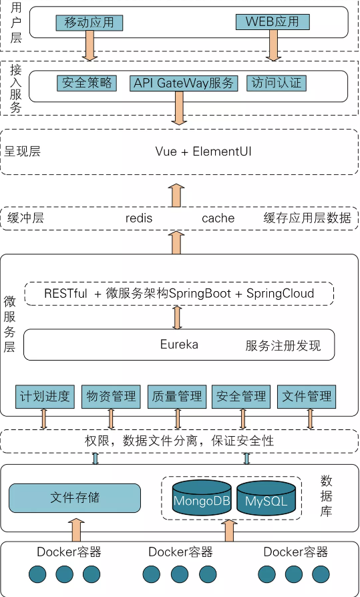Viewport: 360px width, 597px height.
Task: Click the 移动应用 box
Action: (89, 23)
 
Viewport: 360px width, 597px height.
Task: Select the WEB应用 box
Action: (273, 22)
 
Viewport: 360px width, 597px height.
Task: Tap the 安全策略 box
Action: (87, 83)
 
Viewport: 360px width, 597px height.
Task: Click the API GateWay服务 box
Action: (184, 83)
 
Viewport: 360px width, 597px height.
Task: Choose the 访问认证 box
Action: (277, 83)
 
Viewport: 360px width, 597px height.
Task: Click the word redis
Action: (139, 218)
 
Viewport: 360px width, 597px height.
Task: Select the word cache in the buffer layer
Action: (218, 218)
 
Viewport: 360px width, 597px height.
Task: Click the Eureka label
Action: (179, 345)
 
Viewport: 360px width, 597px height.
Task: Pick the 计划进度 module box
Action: (45, 396)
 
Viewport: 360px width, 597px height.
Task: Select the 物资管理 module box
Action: (111, 396)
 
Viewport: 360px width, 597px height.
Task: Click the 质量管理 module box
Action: (177, 396)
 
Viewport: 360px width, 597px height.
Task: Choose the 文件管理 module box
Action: (307, 396)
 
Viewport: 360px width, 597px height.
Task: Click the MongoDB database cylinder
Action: (201, 498)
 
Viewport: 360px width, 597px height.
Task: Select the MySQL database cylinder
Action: (266, 498)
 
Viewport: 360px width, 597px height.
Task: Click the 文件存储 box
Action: (75, 498)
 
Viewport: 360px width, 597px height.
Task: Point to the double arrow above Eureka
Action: (177, 317)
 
